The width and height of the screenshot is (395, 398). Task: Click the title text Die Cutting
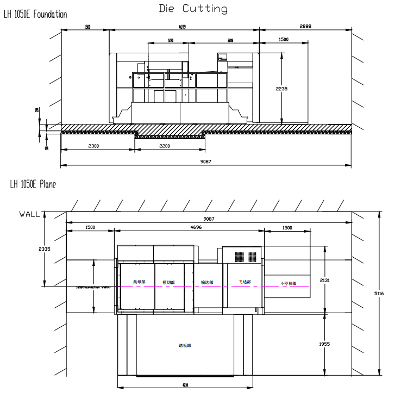[x=193, y=9]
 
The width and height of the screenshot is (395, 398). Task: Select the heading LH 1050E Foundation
[x=36, y=15]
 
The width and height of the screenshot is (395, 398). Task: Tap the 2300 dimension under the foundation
[x=97, y=146]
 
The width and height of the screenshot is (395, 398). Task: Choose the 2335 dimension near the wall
[x=43, y=249]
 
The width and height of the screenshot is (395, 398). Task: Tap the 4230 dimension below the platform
[x=185, y=385]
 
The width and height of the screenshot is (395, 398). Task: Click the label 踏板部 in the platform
[x=185, y=345]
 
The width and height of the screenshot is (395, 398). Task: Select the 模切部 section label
[x=168, y=282]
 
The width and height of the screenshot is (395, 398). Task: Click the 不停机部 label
[x=287, y=283]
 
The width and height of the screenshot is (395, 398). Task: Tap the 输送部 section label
[x=207, y=282]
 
